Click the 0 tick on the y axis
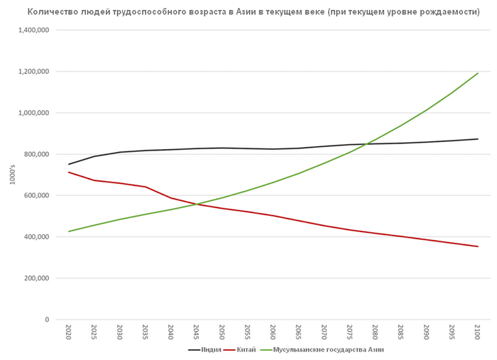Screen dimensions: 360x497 46,320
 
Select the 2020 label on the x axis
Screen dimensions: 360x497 68,332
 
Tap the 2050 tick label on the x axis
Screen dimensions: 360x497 222,332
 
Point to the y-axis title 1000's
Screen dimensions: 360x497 12,175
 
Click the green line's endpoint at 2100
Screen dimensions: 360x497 478,73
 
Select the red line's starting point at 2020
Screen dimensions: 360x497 68,172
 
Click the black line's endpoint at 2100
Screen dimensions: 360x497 478,139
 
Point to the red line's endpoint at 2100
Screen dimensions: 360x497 478,246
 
